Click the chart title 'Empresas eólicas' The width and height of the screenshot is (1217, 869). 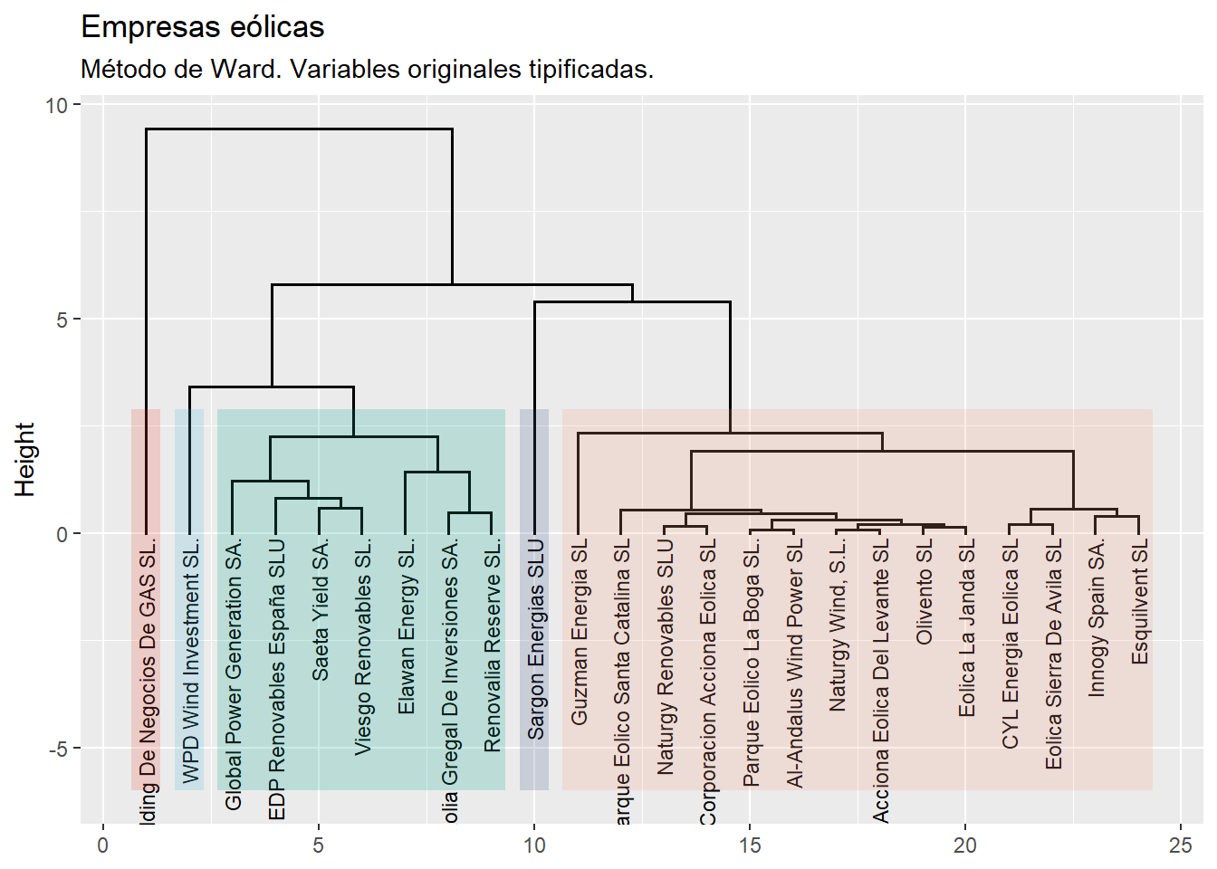click(x=202, y=27)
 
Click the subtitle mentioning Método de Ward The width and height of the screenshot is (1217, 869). click(x=367, y=69)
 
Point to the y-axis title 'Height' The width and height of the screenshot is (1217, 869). click(x=24, y=459)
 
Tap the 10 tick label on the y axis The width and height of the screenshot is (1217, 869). click(x=56, y=105)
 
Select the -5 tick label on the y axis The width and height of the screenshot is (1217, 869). click(x=56, y=749)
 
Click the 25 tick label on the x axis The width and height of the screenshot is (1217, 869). click(x=1180, y=845)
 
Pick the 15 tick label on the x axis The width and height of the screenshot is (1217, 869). click(x=749, y=845)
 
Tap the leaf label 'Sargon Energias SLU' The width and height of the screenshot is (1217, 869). click(x=535, y=639)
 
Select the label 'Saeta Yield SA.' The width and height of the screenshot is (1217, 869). click(x=320, y=610)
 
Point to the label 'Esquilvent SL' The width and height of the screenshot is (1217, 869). click(x=1139, y=601)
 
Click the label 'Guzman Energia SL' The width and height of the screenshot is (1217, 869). click(x=579, y=632)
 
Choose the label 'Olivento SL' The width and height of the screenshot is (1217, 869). click(x=924, y=592)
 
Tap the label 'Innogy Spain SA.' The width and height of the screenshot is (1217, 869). click(x=1096, y=618)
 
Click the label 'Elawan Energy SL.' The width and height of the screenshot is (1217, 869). click(x=406, y=626)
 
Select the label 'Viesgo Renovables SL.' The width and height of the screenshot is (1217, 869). click(x=362, y=647)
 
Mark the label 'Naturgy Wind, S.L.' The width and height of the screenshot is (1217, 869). click(x=838, y=625)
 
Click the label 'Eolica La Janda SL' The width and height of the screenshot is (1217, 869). click(x=966, y=628)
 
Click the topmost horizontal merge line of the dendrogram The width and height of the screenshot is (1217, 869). click(x=299, y=129)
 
